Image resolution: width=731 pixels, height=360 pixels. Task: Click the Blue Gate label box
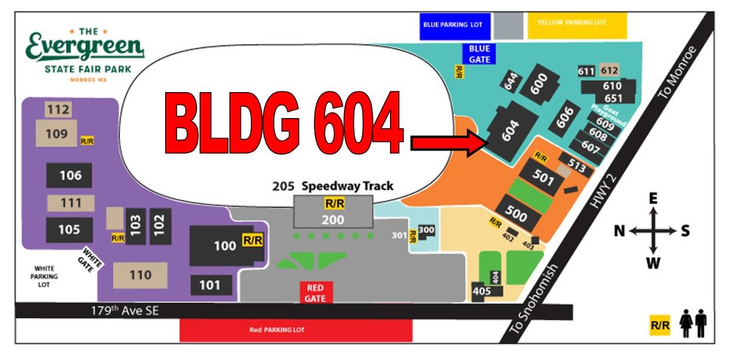(479, 53)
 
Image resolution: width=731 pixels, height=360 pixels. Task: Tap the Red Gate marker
(316, 292)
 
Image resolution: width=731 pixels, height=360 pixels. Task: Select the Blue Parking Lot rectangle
(453, 25)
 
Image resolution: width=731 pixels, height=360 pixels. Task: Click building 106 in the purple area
(70, 175)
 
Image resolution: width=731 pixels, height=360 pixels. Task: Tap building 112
(58, 109)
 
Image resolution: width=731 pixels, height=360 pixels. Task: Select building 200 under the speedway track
(333, 220)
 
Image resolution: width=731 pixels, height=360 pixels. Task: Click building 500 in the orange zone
(517, 214)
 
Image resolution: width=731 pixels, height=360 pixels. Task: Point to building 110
(140, 275)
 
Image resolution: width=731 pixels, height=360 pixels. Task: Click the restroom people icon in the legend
(693, 325)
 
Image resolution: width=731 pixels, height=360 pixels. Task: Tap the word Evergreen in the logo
(85, 48)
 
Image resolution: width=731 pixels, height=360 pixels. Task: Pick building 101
(209, 286)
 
